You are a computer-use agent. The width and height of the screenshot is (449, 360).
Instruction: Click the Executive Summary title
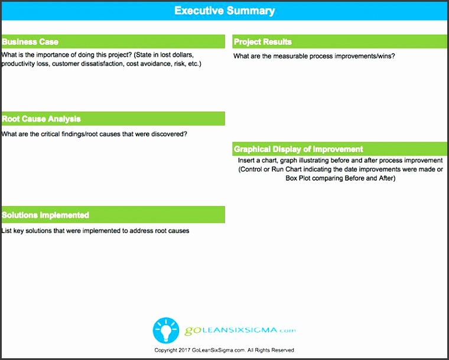click(224, 11)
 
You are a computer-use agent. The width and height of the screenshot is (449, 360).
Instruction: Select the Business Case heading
click(30, 42)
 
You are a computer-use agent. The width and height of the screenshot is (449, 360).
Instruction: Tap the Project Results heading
click(263, 42)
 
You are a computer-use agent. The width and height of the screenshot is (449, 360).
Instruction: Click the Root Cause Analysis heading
click(41, 119)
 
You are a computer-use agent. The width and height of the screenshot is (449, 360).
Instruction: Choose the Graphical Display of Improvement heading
click(298, 149)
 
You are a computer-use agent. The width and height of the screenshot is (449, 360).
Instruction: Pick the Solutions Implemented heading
click(45, 215)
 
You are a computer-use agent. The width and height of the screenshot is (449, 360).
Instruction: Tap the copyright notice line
click(224, 350)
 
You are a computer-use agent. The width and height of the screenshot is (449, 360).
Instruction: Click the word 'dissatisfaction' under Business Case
click(102, 64)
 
